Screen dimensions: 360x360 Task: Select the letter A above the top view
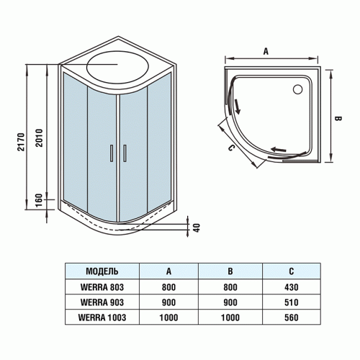click(266, 51)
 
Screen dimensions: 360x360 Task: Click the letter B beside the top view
click(337, 117)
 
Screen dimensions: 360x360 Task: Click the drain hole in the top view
click(297, 90)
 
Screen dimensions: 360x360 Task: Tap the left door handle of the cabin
click(111, 153)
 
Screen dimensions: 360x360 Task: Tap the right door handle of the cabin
click(125, 153)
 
